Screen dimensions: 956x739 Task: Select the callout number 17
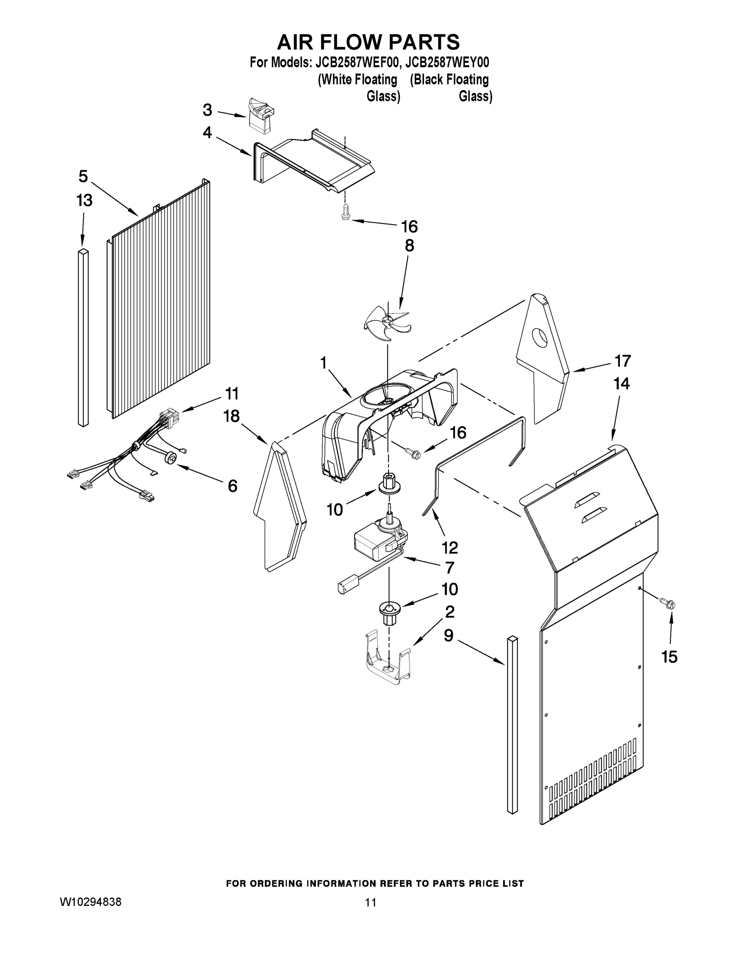point(622,361)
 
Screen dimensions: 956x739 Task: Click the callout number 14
point(621,384)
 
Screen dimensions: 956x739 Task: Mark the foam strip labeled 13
point(83,337)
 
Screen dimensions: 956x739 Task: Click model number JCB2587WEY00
point(447,63)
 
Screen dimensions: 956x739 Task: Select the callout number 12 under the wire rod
point(450,547)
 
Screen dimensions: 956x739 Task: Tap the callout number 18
point(231,416)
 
